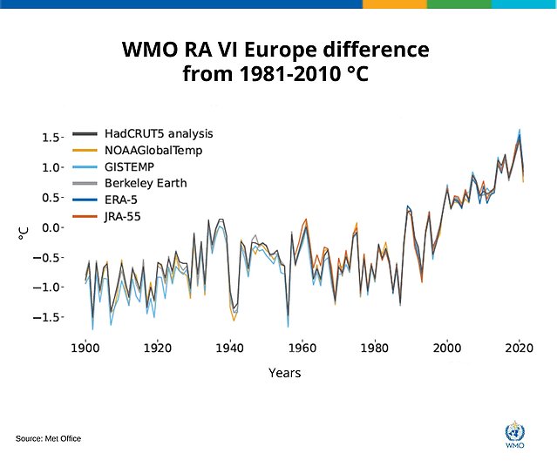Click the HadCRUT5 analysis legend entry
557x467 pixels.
click(x=158, y=133)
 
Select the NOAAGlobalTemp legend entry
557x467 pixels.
click(x=153, y=150)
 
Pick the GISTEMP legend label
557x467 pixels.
click(x=131, y=166)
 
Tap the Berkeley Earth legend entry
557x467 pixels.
click(x=146, y=183)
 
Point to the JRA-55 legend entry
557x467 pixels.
click(x=126, y=216)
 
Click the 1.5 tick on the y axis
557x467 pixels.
click(x=51, y=138)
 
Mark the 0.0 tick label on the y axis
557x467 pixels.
click(x=51, y=227)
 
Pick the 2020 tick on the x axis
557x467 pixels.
click(x=520, y=347)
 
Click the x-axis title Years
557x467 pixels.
click(x=284, y=373)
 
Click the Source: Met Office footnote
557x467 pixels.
click(x=48, y=438)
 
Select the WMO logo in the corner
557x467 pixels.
click(x=515, y=434)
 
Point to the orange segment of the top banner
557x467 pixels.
click(x=394, y=4)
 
